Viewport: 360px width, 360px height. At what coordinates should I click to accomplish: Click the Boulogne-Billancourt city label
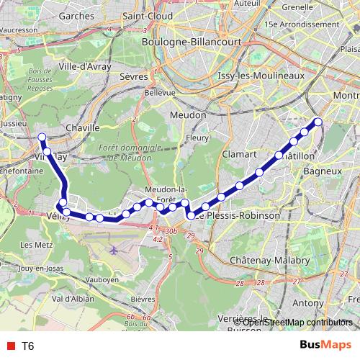tap(186, 42)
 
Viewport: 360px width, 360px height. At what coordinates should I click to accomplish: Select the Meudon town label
tap(188, 114)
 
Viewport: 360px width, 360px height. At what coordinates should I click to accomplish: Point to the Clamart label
tap(239, 154)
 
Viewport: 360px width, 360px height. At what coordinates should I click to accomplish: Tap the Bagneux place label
tap(322, 172)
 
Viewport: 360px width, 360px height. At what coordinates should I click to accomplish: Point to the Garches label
tap(78, 15)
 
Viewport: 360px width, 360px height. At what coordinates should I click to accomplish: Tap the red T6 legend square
tap(10, 346)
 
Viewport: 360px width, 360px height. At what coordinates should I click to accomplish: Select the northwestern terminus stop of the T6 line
tap(42, 137)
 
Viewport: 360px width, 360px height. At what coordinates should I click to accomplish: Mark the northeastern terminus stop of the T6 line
tap(318, 122)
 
